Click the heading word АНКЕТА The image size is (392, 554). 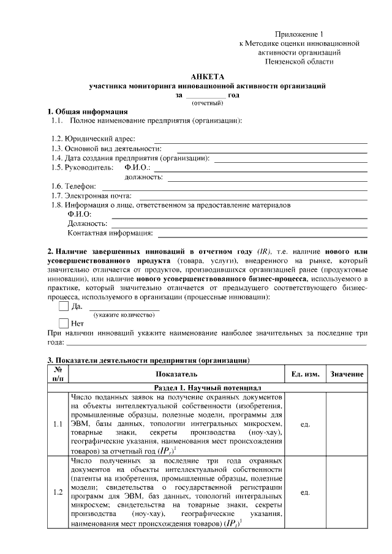pos(208,77)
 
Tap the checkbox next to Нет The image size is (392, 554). pos(64,323)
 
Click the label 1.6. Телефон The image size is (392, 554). pos(73,186)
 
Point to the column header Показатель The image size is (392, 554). pos(176,373)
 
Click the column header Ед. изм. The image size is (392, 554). pos(304,373)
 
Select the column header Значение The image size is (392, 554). pos(347,373)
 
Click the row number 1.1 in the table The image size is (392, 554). pos(57,424)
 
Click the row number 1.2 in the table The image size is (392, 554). pos(57,492)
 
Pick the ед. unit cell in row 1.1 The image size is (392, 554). pos(304,424)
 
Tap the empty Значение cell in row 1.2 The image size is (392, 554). pos(347,492)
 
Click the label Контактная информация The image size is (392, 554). pos(110,233)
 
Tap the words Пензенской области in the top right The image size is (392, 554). pos(300,62)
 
